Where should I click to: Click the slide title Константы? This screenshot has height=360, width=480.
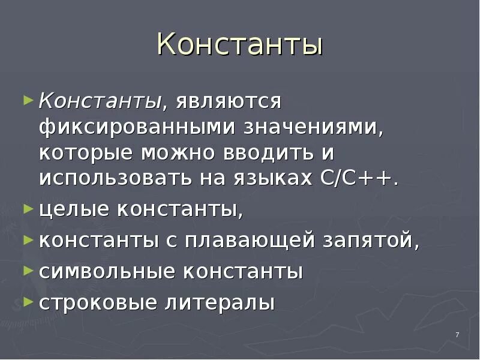240,45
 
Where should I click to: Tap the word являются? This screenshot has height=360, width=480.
229,101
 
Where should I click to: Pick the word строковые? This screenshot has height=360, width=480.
98,302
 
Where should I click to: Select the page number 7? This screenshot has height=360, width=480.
457,335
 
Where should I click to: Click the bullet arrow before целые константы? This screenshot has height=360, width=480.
28,209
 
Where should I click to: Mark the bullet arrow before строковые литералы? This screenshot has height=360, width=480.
28,302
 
